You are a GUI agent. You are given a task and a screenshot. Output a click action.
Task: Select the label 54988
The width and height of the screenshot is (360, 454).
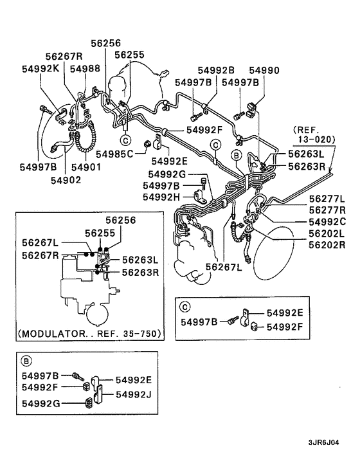tap(85, 68)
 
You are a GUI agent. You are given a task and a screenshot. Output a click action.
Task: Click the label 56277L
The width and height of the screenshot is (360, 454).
tap(327, 199)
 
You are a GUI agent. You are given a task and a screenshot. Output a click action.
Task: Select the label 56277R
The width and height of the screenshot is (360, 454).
tap(327, 210)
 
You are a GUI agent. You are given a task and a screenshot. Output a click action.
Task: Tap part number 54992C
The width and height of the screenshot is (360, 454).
tap(327, 222)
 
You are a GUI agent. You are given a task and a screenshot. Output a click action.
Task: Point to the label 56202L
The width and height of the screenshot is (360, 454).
tap(327, 233)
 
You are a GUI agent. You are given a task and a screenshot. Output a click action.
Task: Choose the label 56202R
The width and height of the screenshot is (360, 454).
tap(327, 244)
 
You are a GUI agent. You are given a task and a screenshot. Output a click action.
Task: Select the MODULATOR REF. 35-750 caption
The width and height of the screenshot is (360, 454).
tap(89, 334)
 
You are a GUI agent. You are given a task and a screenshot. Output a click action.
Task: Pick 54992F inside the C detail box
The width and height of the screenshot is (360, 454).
tap(285, 327)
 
